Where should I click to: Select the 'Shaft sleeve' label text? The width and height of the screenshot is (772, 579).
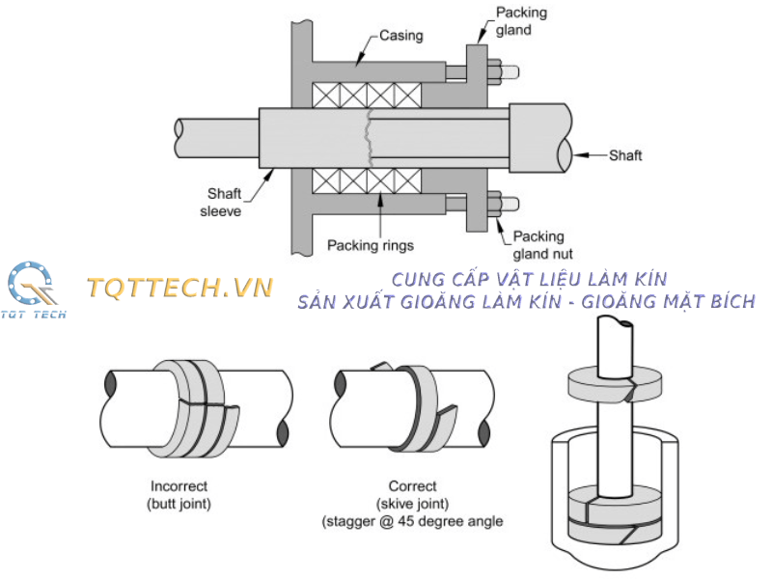coord(224,202)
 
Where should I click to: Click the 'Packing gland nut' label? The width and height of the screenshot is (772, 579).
coord(541,245)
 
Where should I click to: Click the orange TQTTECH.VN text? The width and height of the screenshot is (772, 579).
coord(180,287)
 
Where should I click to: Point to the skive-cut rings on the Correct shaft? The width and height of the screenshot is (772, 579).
coord(425,400)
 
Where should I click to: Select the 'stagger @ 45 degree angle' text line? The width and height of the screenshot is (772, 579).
coord(412,522)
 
